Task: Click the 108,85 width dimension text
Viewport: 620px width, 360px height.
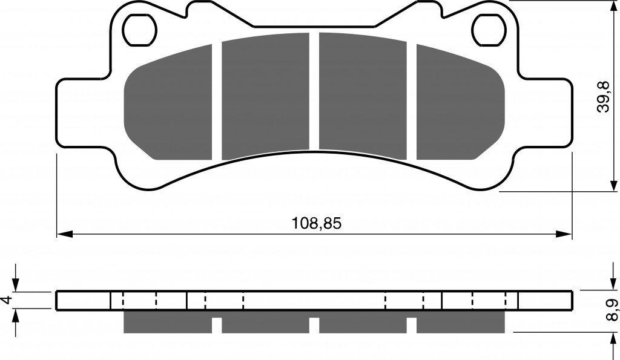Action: (x=316, y=224)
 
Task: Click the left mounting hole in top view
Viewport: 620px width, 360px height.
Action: (x=140, y=30)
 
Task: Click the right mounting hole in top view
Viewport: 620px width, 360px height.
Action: (x=489, y=30)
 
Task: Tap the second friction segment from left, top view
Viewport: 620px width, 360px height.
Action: (x=265, y=96)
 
